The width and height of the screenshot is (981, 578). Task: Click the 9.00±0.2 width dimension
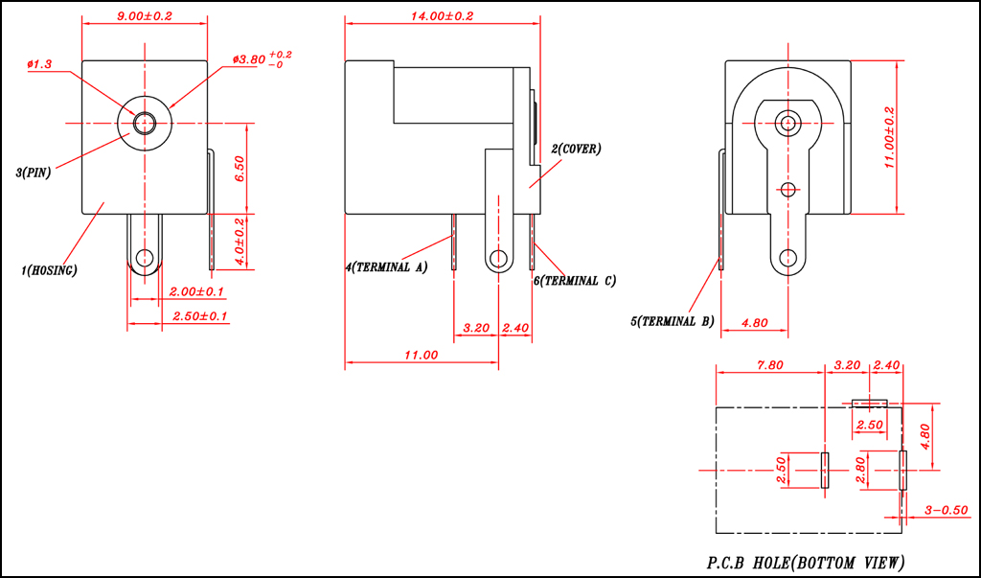point(145,16)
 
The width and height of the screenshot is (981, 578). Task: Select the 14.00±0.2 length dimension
point(442,16)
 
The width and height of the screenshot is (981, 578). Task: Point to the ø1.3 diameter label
point(39,64)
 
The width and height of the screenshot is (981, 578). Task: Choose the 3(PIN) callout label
point(34,173)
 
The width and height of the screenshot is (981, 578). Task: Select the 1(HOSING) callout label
point(49,270)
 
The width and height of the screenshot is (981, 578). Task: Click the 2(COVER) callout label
point(576,149)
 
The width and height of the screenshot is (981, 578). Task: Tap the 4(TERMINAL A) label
point(386,267)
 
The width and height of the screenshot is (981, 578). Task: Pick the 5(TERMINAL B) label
point(672,321)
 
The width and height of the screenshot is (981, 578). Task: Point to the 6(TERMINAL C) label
point(575,281)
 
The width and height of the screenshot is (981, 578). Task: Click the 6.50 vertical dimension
point(240,168)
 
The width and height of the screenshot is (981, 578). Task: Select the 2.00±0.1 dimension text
point(196,291)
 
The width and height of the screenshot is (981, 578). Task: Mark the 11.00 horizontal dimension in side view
point(421,355)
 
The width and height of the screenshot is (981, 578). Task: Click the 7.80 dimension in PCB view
point(769,365)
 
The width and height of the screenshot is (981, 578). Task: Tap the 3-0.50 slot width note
point(947,510)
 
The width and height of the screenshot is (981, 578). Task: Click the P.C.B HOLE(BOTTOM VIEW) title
point(806,562)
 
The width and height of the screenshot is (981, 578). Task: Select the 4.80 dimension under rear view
point(754,323)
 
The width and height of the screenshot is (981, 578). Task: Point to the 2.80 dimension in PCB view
point(859,470)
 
